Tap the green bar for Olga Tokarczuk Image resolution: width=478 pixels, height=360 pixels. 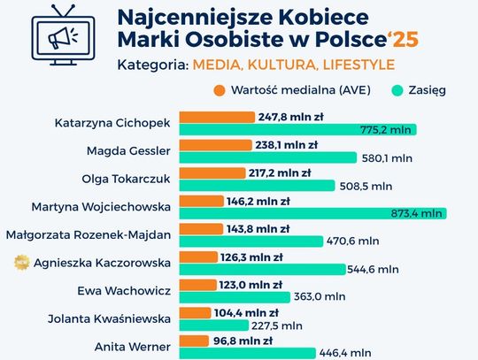pyautogui.click(x=258, y=185)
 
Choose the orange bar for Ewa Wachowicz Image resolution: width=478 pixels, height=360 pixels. pyautogui.click(x=199, y=285)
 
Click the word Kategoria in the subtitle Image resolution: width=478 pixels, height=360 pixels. pyautogui.click(x=150, y=65)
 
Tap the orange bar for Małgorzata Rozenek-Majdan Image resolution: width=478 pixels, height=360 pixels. pyautogui.click(x=197, y=228)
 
